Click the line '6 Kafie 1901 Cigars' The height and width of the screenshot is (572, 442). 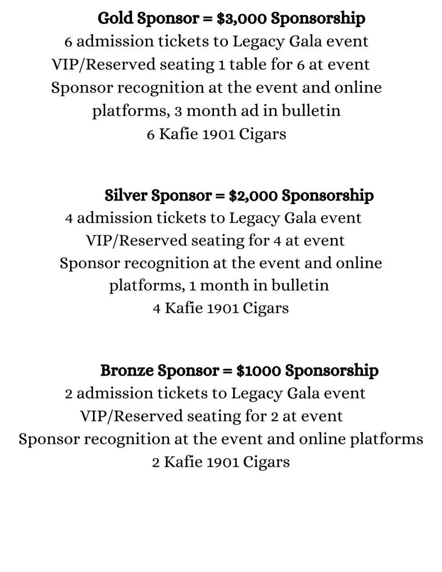[x=216, y=134]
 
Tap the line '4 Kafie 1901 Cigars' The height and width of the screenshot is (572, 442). [x=221, y=308]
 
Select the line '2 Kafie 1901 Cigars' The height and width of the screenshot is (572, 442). [x=221, y=462]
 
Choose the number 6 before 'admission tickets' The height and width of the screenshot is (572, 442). [x=68, y=41]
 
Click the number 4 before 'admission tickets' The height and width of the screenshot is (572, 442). [x=69, y=218]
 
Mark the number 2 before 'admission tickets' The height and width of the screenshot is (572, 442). [x=69, y=394]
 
